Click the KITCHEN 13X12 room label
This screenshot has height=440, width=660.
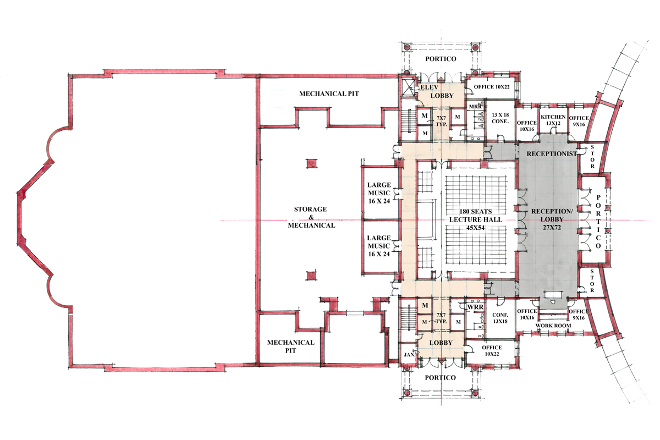[553, 120]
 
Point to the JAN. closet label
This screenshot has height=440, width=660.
[410, 355]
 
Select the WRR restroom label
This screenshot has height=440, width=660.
[475, 307]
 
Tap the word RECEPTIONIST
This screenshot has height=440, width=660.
[552, 153]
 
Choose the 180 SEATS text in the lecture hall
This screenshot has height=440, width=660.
[476, 211]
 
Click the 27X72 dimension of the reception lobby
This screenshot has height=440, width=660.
[552, 228]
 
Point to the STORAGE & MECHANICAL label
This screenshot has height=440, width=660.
[311, 217]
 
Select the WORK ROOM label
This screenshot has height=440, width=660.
[553, 326]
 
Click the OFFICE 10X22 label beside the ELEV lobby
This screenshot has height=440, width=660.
[492, 87]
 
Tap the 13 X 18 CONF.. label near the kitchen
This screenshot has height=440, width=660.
[501, 118]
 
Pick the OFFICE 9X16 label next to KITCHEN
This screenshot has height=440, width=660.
[579, 121]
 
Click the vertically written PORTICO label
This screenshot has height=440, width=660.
[598, 221]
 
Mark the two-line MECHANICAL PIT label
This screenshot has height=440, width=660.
[290, 346]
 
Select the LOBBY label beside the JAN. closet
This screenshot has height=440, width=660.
[441, 343]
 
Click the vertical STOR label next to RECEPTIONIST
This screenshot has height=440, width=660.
[592, 157]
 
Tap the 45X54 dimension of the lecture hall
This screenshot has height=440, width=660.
[475, 228]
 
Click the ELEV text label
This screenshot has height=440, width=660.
[430, 87]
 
